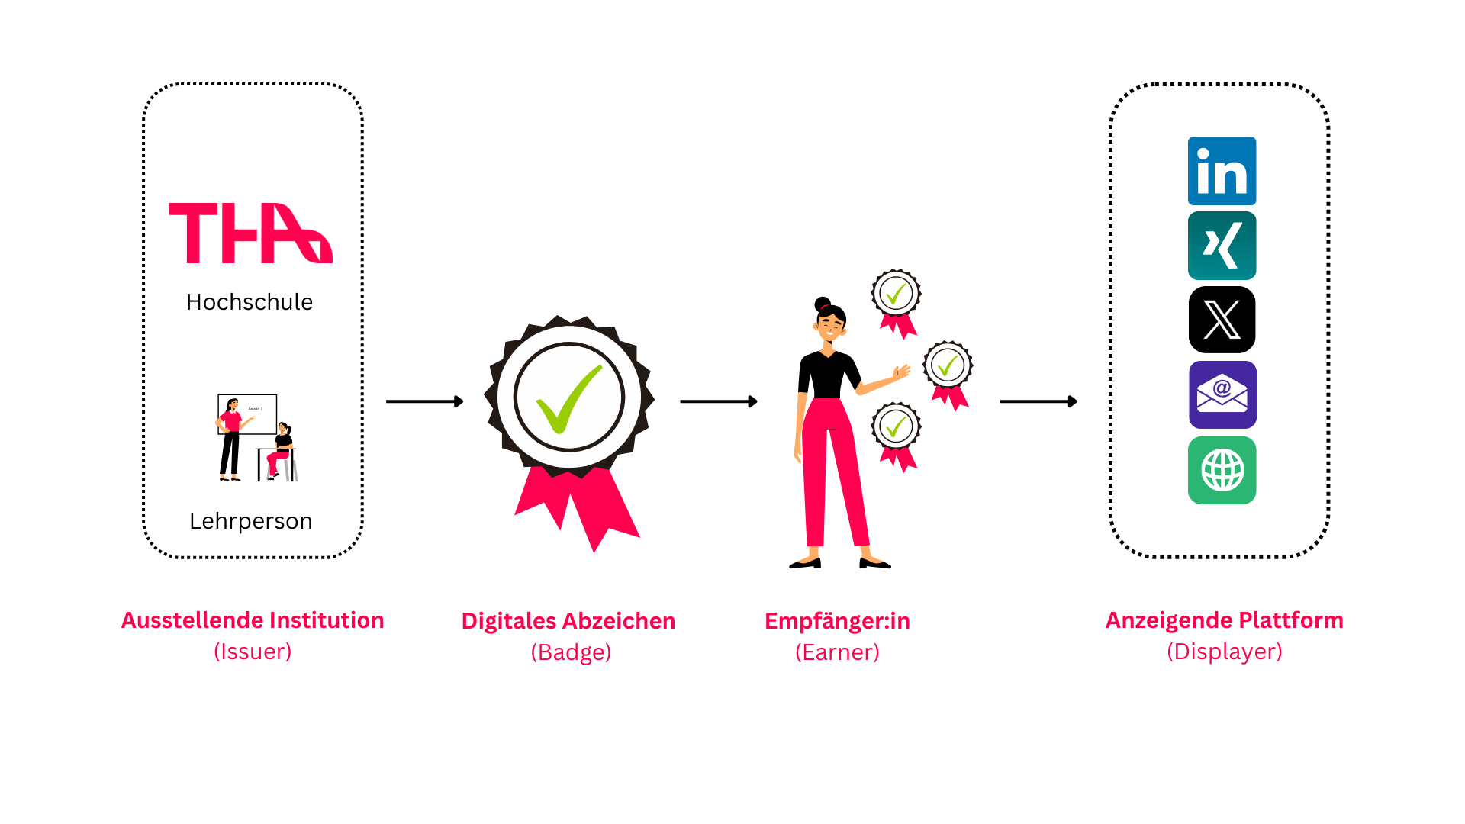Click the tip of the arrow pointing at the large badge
point(463,401)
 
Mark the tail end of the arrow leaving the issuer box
point(387,401)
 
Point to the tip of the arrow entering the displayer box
point(1077,401)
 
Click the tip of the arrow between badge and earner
point(758,401)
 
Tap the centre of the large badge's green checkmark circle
point(569,398)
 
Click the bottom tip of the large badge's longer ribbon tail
point(594,552)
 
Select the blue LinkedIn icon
point(1222,171)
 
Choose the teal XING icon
point(1222,246)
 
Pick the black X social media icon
point(1222,320)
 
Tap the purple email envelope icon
point(1222,394)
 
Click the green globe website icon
point(1222,470)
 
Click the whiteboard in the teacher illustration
point(247,414)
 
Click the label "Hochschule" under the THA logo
point(250,302)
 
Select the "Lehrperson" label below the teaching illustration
point(251,521)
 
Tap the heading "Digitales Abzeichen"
point(568,621)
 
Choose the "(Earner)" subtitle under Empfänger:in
point(837,652)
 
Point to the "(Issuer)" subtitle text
point(253,652)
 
